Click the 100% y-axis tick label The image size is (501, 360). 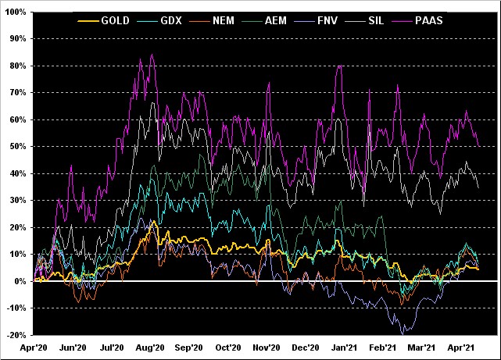coord(16,12)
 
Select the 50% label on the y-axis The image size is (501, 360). coord(18,147)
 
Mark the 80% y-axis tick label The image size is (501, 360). coord(18,66)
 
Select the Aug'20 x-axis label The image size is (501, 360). coord(149,348)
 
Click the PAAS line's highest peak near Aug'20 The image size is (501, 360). coord(151,55)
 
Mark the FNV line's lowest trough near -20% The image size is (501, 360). coord(403,333)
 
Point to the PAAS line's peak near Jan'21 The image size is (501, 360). coord(340,66)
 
